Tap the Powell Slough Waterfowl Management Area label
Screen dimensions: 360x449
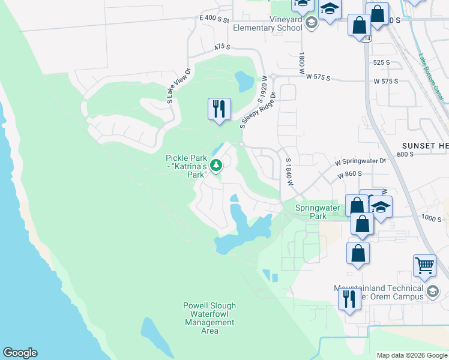(209, 318)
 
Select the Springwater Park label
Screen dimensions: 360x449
(318, 212)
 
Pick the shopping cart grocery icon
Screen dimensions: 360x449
(424, 265)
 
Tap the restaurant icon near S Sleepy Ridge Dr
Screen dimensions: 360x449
(219, 109)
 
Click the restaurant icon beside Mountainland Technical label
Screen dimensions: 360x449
(349, 299)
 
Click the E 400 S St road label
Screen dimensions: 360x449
(215, 20)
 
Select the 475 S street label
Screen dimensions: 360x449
(222, 46)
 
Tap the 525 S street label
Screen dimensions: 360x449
(381, 62)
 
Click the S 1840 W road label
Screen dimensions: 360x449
(289, 172)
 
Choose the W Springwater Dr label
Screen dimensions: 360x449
(360, 161)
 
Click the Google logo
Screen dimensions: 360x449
(20, 353)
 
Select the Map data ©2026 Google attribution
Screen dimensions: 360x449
(411, 355)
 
